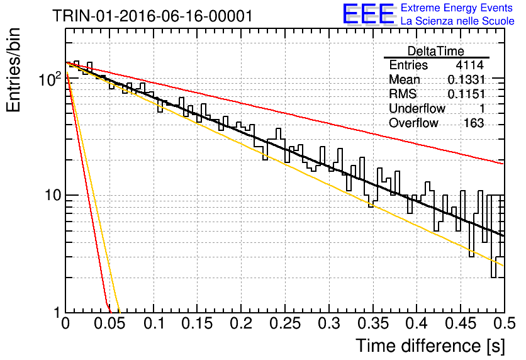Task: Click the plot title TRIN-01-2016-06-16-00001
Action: pos(152,16)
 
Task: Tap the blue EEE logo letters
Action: pos(368,14)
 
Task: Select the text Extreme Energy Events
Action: pos(457,8)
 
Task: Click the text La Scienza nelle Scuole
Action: pos(457,21)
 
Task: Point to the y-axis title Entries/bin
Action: pos(13,70)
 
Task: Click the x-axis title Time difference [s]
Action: pos(430,346)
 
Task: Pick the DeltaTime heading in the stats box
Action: pos(435,51)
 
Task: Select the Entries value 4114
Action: pos(469,65)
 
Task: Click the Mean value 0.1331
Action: pos(466,79)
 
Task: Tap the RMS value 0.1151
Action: pos(466,94)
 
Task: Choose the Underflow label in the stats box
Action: pos(417,108)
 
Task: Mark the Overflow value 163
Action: pos(474,123)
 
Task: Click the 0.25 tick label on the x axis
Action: pos(286,323)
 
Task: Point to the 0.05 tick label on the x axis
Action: pos(109,323)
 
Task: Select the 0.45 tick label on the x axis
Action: pos(461,323)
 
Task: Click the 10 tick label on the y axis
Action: pos(53,195)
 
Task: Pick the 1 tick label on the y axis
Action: pos(57,313)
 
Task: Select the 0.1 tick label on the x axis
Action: pos(154,323)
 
